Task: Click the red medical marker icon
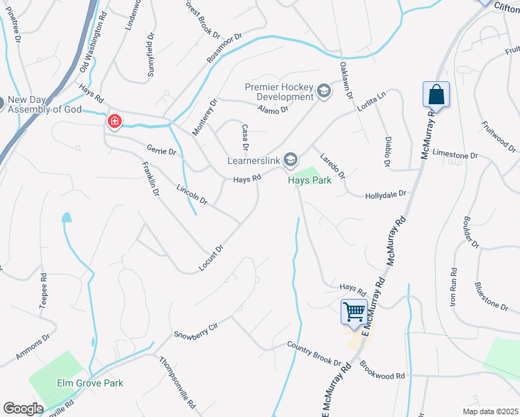113,122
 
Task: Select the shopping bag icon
436,95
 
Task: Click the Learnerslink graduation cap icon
291,161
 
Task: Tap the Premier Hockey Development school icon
323,91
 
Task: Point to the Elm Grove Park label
90,383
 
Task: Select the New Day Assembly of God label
44,104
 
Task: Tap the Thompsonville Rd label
178,382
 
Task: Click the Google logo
23,409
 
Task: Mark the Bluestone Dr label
491,295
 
